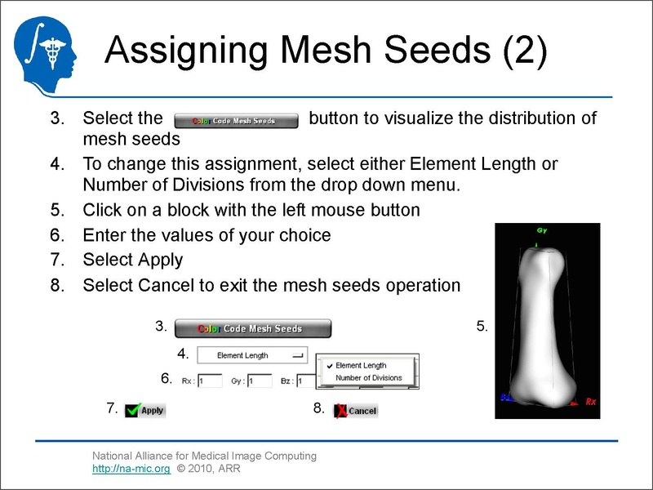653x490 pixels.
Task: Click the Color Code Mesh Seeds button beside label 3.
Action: pos(253,328)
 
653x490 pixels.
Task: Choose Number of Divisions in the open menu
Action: pos(369,378)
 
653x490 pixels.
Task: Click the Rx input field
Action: pos(210,381)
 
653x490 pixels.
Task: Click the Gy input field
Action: pos(260,381)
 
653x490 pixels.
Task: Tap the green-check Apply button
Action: pos(145,410)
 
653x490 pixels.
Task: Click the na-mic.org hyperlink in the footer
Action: pos(131,470)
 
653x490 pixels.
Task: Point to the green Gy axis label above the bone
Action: pos(538,229)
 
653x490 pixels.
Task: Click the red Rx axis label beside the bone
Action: pos(592,402)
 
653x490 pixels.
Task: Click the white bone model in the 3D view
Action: pos(543,327)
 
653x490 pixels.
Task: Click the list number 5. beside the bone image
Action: pos(482,327)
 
